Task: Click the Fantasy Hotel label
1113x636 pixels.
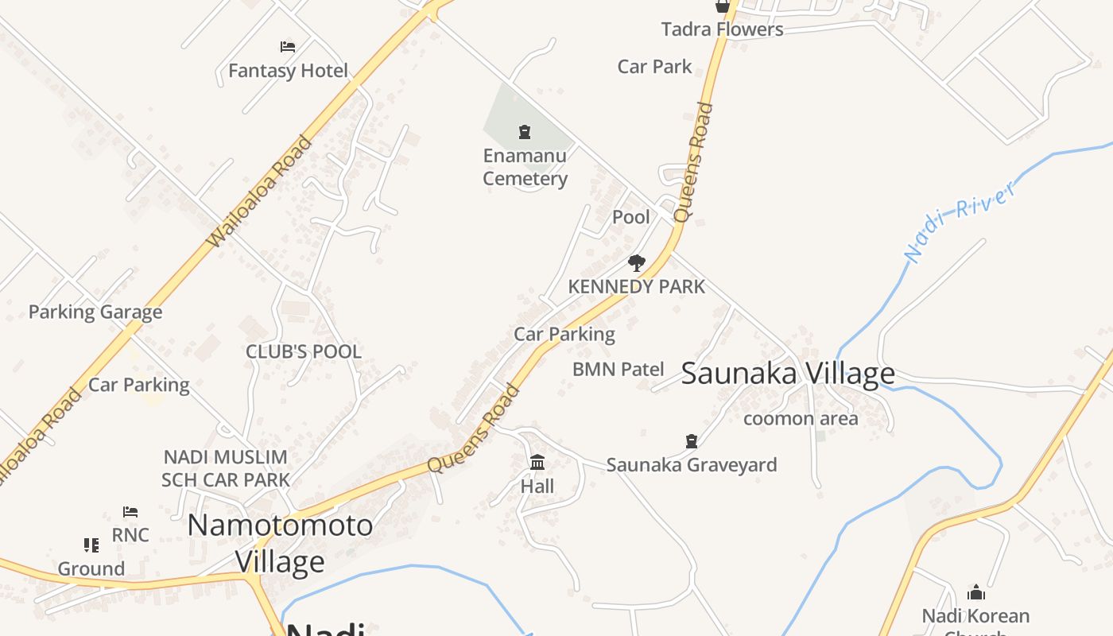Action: [x=288, y=71]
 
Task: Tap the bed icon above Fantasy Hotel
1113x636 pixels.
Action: [x=288, y=47]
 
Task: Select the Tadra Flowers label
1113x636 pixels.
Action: [x=722, y=29]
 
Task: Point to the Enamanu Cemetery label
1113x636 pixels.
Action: [x=525, y=167]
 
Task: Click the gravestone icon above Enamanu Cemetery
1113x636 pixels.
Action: [x=525, y=132]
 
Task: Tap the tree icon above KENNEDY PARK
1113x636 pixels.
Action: [x=636, y=262]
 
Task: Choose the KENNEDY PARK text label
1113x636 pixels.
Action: [x=636, y=286]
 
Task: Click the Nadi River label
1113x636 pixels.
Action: [x=960, y=221]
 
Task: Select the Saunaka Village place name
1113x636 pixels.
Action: [x=788, y=373]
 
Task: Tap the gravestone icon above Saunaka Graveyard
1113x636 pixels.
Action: [x=692, y=440]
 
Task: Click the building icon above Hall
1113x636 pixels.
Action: [x=537, y=462]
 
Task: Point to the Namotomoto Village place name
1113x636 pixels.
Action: [x=280, y=543]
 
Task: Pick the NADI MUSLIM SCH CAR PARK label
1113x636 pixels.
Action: [x=225, y=468]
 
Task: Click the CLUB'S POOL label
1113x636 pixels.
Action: [x=303, y=351]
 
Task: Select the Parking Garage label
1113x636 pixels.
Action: [x=95, y=312]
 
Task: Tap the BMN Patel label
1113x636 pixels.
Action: [x=618, y=369]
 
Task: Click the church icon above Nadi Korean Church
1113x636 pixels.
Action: [x=975, y=592]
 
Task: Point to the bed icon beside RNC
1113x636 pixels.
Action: [x=130, y=512]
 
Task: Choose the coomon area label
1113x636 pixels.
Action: [x=800, y=418]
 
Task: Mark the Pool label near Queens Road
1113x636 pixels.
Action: [x=630, y=217]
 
